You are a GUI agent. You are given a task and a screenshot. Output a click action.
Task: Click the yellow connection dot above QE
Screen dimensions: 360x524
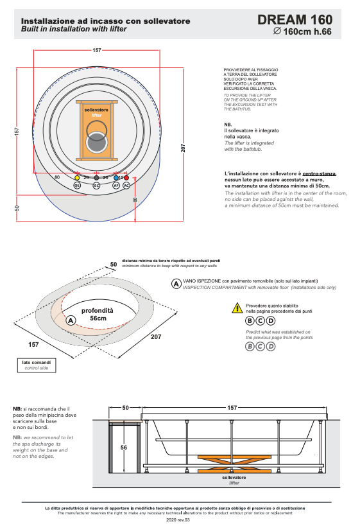click(77, 178)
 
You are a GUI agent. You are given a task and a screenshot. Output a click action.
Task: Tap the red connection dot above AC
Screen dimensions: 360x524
click(126, 178)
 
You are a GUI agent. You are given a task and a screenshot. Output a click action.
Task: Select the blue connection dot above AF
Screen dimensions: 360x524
click(116, 178)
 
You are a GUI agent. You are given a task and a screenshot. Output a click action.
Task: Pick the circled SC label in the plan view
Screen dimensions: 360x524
click(96, 185)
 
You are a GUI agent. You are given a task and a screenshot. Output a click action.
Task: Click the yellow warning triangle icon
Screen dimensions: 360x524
click(237, 308)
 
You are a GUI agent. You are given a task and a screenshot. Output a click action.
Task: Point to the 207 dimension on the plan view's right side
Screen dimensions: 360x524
click(183, 148)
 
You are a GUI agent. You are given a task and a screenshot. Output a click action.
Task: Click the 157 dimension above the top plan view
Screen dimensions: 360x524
click(97, 50)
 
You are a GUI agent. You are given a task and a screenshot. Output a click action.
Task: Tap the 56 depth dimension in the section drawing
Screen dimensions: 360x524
click(124, 447)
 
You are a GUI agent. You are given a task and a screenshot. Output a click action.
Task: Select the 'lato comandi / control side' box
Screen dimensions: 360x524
click(37, 365)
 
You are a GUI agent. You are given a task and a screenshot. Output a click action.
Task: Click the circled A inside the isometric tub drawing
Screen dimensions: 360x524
click(71, 320)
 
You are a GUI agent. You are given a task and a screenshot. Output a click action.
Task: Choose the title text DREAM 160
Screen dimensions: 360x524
click(295, 20)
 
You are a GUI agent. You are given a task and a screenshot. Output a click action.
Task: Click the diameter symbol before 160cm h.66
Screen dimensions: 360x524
click(277, 31)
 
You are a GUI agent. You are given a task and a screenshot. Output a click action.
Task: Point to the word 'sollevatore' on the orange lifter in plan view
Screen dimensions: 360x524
click(96, 110)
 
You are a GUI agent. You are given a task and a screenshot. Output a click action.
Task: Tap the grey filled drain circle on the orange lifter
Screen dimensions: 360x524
click(96, 143)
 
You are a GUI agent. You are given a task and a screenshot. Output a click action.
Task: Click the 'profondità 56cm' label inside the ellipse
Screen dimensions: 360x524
click(98, 314)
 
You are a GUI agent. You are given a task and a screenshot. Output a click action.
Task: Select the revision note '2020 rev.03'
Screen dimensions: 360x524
click(178, 520)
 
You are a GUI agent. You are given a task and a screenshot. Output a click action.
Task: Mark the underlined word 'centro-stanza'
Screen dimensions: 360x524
click(319, 173)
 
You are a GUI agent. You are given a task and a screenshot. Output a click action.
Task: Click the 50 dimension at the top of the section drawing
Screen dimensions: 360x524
click(125, 408)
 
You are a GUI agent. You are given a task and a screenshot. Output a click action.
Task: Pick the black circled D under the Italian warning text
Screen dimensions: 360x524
click(271, 321)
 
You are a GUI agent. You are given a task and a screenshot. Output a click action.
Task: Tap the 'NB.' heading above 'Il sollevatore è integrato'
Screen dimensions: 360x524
click(228, 125)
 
